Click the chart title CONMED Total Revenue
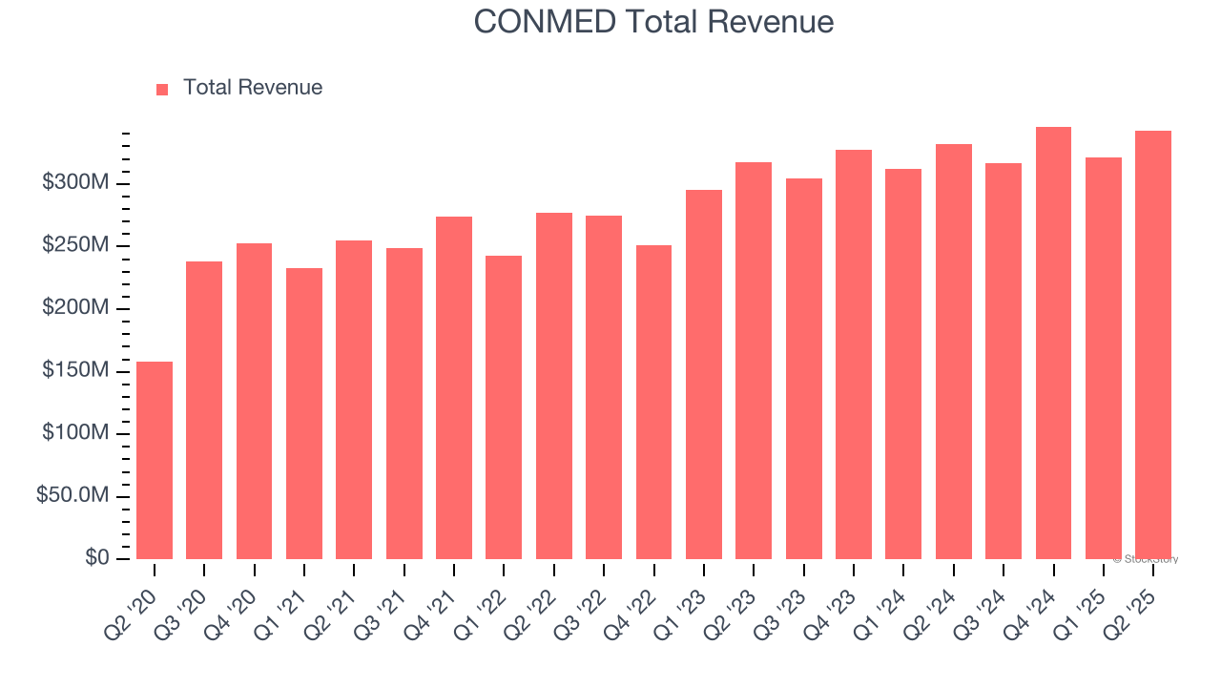pos(653,22)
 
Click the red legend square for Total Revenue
pos(162,89)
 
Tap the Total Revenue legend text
pos(252,88)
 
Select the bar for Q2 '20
pos(155,460)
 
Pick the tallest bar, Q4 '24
pos(1053,343)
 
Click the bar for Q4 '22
pos(653,402)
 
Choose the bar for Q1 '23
pos(704,374)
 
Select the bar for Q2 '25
pos(1153,344)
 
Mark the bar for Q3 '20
pos(204,410)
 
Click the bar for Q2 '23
pos(754,361)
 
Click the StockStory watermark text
pos(1146,559)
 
